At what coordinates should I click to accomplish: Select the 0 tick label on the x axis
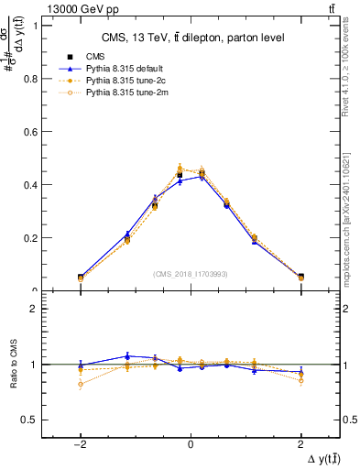click(x=191, y=442)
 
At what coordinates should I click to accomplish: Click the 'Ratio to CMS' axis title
click(x=14, y=365)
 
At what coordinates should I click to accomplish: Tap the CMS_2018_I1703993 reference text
click(x=191, y=274)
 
